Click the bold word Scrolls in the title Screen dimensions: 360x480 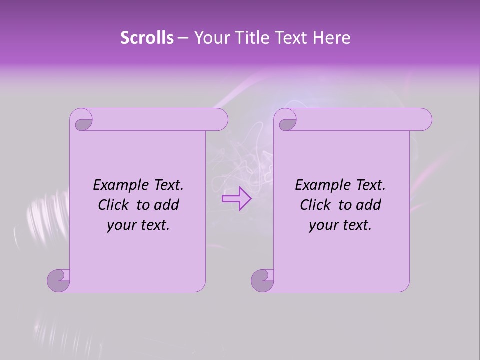pyautogui.click(x=147, y=38)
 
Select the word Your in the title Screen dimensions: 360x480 pyautogui.click(x=210, y=38)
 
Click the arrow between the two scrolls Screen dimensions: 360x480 pyautogui.click(x=236, y=198)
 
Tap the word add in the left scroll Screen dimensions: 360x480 pyautogui.click(x=167, y=205)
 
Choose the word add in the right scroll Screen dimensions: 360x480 pyautogui.click(x=369, y=205)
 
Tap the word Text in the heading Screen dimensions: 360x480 pyautogui.click(x=291, y=38)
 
